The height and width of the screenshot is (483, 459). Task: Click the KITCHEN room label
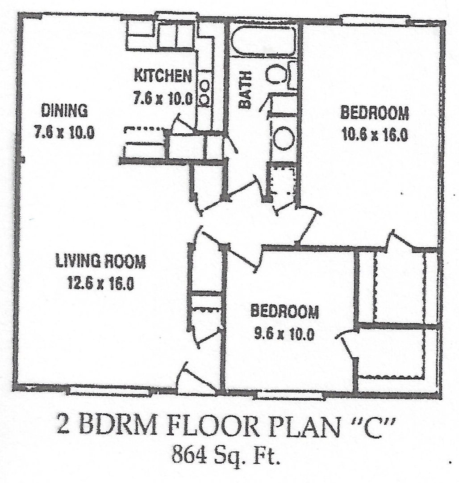[x=163, y=76]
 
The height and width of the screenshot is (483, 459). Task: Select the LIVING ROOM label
[x=100, y=261]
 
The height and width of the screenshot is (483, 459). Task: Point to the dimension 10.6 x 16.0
[x=374, y=135]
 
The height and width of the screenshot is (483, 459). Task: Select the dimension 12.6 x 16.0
[x=100, y=284]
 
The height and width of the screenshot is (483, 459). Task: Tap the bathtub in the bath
[x=263, y=41]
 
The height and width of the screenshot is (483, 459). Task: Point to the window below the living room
[x=109, y=391]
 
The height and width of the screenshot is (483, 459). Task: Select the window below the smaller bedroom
[x=291, y=395]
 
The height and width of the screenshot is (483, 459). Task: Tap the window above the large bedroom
[x=375, y=20]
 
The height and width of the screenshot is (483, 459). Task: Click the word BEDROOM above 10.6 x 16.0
[x=374, y=113]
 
